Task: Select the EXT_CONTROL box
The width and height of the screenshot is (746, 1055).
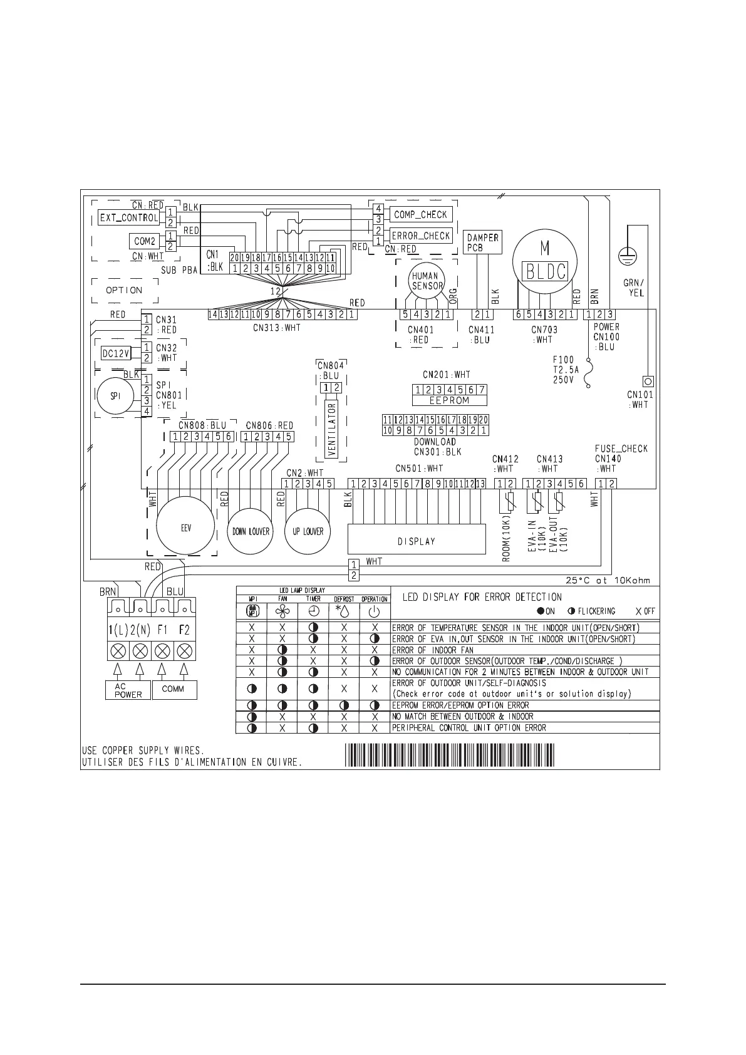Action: click(128, 217)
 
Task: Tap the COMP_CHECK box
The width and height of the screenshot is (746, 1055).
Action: click(420, 214)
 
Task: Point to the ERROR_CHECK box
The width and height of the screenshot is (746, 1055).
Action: click(420, 236)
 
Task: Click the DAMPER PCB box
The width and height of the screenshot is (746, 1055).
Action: click(483, 242)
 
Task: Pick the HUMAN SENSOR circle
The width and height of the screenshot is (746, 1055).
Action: click(426, 280)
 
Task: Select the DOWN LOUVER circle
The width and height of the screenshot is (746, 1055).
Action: click(251, 531)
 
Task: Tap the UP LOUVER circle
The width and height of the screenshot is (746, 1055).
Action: click(308, 531)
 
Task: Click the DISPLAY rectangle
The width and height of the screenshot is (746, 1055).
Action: click(417, 541)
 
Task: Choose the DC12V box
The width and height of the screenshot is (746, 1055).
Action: click(116, 353)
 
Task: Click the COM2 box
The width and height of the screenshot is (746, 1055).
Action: click(145, 241)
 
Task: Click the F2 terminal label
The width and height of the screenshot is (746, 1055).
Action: click(184, 628)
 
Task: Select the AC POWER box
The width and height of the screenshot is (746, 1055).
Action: click(128, 690)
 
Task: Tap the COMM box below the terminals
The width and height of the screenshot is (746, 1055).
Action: click(173, 689)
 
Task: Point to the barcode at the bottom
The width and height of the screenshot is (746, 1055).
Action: click(449, 754)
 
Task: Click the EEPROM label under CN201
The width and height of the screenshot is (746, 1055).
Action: click(449, 400)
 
